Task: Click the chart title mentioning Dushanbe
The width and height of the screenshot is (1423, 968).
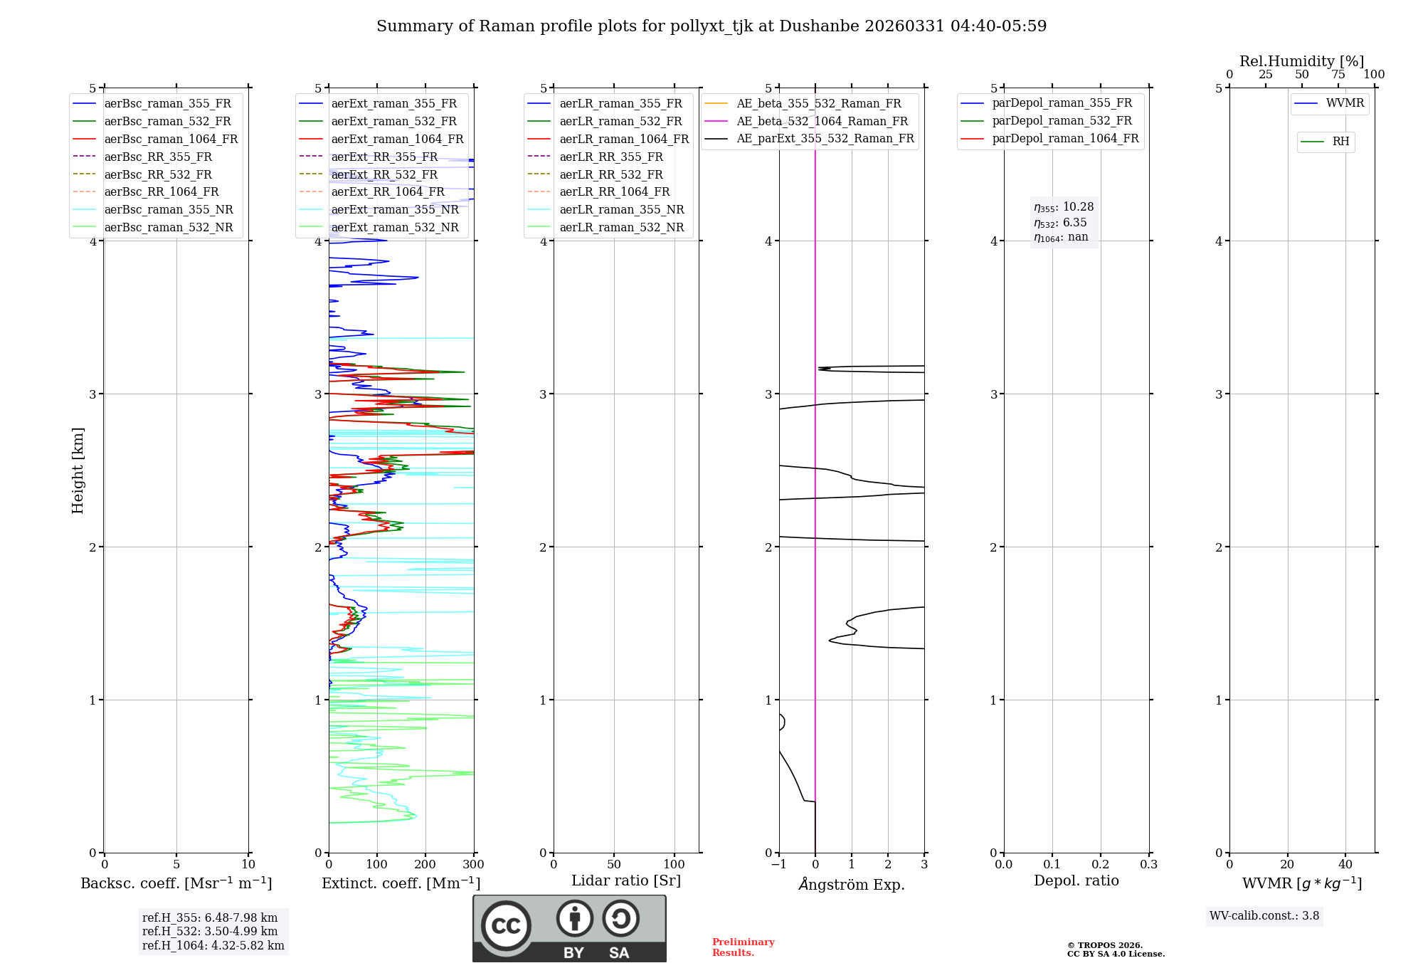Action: coord(711,26)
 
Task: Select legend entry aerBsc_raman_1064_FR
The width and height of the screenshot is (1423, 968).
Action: coord(171,140)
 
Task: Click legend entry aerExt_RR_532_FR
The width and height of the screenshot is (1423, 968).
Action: coord(384,175)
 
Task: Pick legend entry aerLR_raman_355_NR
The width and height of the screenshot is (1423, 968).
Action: coord(621,210)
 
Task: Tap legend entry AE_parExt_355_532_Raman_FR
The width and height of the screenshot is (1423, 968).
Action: coord(825,139)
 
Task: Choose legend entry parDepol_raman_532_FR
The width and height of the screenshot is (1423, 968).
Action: coord(1062,121)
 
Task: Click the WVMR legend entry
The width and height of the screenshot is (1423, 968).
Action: coord(1345,104)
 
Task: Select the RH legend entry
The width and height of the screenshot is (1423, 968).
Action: coord(1340,142)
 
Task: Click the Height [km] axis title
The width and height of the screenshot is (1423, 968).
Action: coord(78,470)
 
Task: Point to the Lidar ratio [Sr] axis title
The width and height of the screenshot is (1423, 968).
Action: coord(626,881)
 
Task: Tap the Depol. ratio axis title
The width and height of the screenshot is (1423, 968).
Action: coord(1076,881)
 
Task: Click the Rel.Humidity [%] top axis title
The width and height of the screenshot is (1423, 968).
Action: coord(1301,61)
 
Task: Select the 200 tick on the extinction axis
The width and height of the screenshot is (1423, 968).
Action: coord(425,865)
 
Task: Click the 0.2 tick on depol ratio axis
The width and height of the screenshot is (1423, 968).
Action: coord(1100,865)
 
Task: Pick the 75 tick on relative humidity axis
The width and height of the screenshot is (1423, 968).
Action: coord(1338,75)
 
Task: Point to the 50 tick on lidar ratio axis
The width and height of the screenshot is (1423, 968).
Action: coord(614,865)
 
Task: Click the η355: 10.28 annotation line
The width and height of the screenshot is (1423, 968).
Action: coord(1064,207)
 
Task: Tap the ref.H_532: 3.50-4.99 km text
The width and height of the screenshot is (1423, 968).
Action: coord(210,932)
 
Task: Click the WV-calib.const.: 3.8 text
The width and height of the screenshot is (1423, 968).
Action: coord(1264,916)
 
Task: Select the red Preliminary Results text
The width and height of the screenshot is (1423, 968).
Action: coord(743,947)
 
